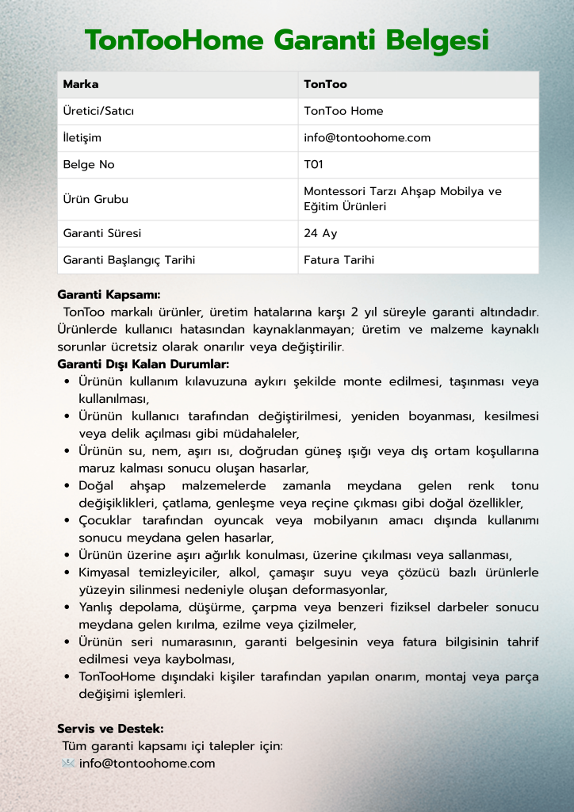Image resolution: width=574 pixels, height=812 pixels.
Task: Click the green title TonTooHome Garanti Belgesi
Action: pos(286,39)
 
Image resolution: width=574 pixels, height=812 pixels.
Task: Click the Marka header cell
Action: pos(81,84)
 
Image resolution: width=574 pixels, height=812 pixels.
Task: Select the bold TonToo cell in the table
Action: pos(325,84)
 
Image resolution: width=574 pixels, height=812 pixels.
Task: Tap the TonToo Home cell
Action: pos(343,111)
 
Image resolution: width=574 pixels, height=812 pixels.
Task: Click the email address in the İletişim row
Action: pos(367,138)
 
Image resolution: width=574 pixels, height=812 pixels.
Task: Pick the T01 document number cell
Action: pos(314,165)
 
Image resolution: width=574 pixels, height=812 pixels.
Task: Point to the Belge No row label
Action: pos(88,165)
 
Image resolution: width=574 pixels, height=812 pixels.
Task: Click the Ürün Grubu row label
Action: pos(95,199)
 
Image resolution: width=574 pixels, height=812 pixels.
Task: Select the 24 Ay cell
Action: pos(320,234)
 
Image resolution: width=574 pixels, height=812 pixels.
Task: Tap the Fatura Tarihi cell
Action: pos(339,260)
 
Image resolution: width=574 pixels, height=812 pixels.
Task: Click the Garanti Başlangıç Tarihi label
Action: pos(128,260)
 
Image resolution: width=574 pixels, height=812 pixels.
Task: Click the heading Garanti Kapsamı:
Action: pos(109,295)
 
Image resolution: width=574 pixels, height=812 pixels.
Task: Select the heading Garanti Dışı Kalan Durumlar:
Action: pos(143,365)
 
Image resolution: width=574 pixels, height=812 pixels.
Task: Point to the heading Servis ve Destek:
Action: pos(110,729)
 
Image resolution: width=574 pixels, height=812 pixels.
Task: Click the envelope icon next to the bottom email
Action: pos(68,764)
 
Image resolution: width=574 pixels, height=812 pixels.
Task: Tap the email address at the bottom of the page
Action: pos(147,764)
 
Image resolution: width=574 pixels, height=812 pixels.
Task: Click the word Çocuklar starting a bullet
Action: pos(106,521)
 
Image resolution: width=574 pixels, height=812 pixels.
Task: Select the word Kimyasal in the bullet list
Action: pos(107,573)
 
